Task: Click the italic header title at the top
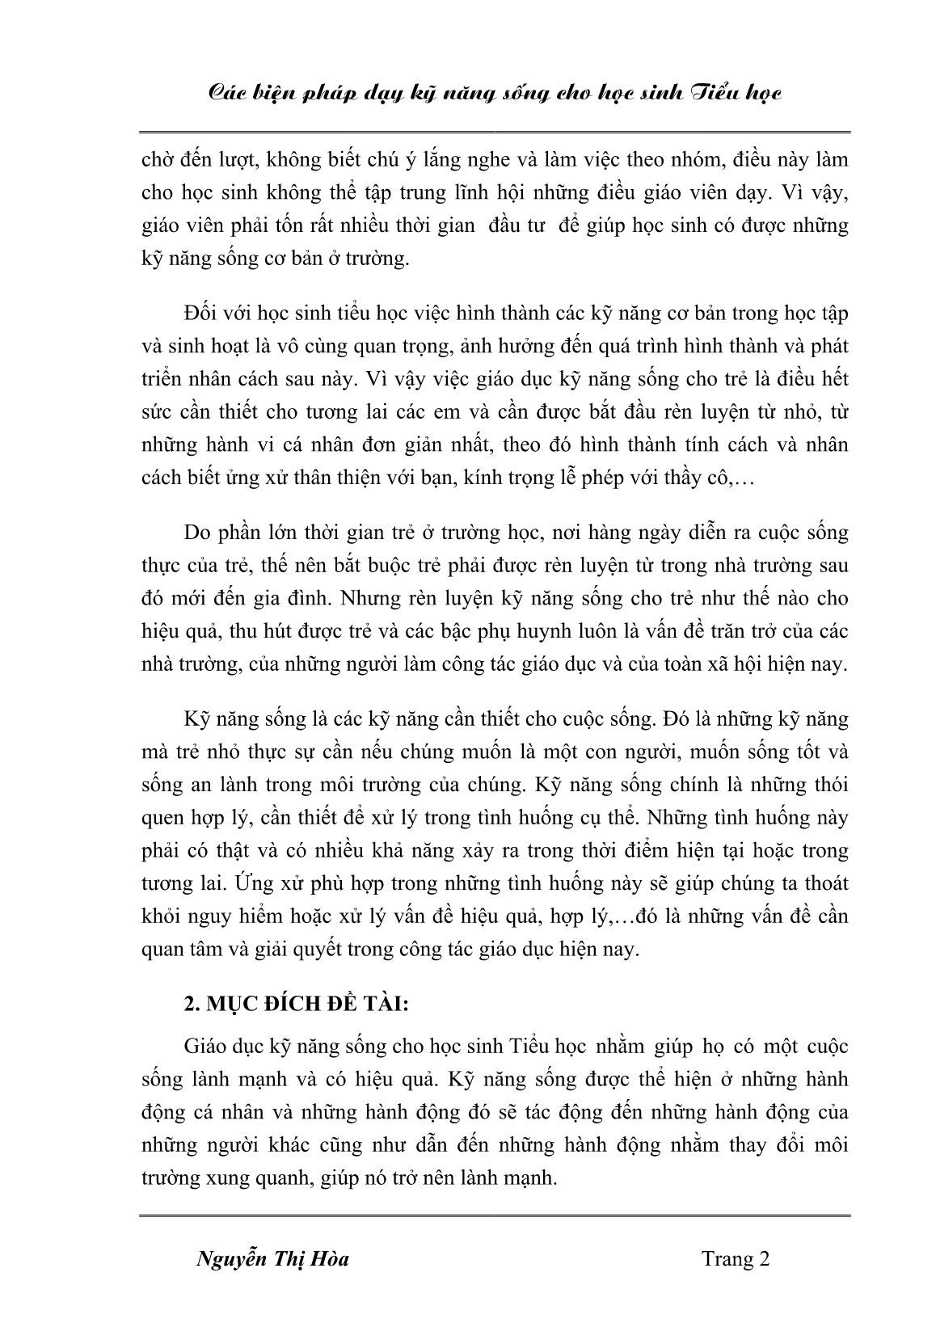pyautogui.click(x=494, y=94)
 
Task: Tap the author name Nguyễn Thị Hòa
pyautogui.click(x=273, y=1258)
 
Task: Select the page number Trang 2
pyautogui.click(x=735, y=1258)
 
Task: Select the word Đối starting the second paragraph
pyautogui.click(x=202, y=313)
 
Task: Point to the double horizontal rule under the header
pyautogui.click(x=494, y=132)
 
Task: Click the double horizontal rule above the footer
pyautogui.click(x=494, y=1215)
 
